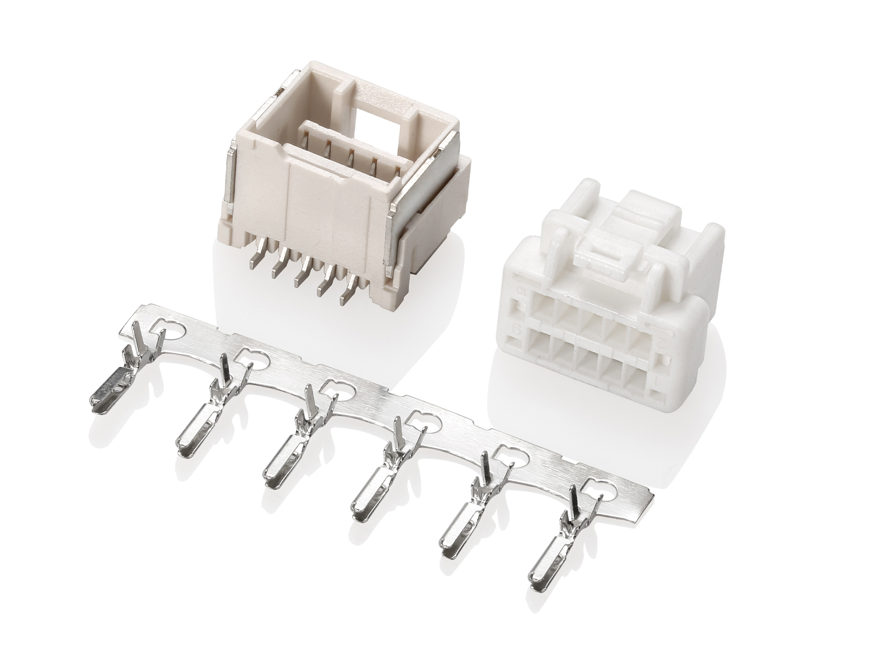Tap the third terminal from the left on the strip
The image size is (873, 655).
point(285,460)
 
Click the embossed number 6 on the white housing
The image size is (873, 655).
point(515,329)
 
